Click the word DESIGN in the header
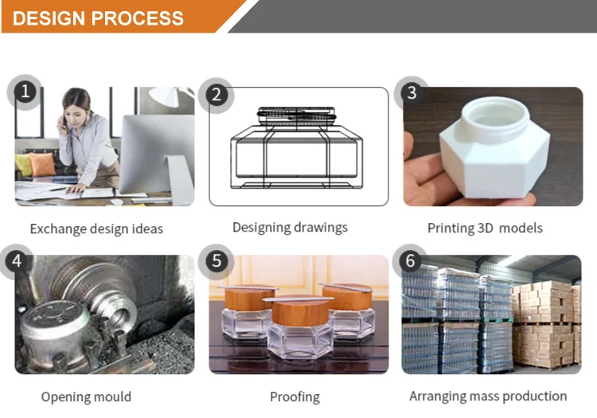(x=49, y=18)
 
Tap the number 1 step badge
(x=25, y=92)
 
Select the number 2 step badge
(x=217, y=95)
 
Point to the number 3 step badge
(x=412, y=92)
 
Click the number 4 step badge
(x=17, y=261)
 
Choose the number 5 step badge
(x=217, y=261)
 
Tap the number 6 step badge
(x=410, y=261)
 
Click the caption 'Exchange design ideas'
(x=96, y=229)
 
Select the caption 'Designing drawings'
(x=290, y=228)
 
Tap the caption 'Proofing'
(x=295, y=397)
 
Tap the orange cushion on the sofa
(x=42, y=164)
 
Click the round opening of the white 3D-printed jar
(x=495, y=111)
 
